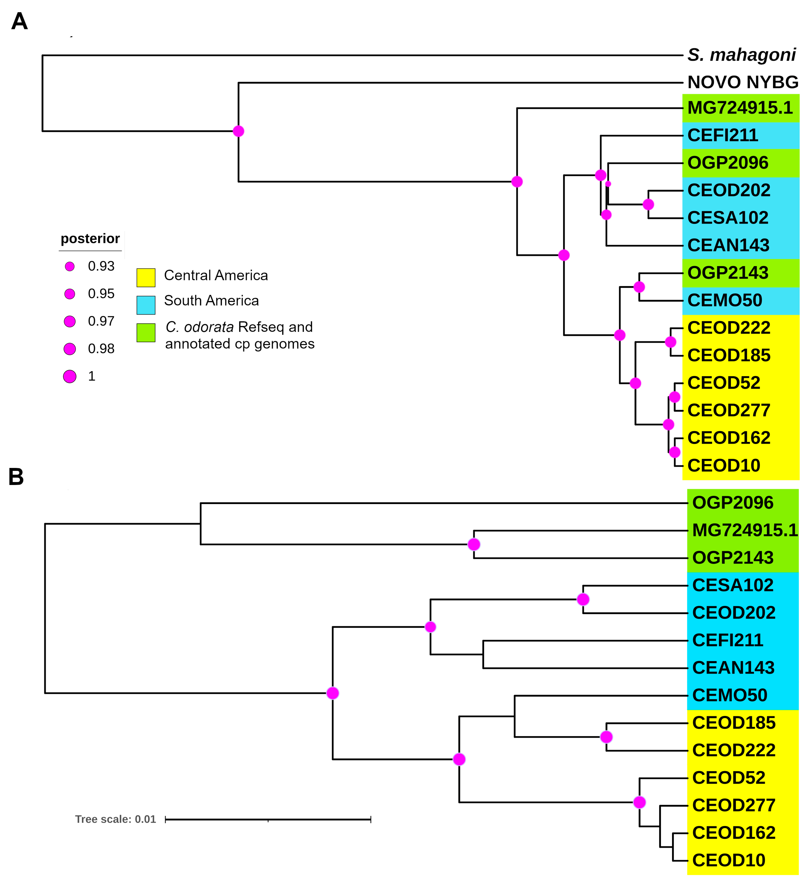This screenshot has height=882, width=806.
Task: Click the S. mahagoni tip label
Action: pyautogui.click(x=741, y=55)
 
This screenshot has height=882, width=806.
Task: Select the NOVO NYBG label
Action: pyautogui.click(x=743, y=82)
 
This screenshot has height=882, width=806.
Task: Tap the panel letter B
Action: pyautogui.click(x=16, y=477)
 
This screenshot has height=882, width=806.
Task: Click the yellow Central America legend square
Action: pyautogui.click(x=146, y=277)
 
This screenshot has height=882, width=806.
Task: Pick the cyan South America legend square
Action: pyautogui.click(x=146, y=305)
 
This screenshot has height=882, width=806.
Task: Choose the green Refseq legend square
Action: pyautogui.click(x=146, y=333)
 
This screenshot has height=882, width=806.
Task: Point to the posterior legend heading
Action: pyautogui.click(x=90, y=238)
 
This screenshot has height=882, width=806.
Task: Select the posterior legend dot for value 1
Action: pyautogui.click(x=70, y=376)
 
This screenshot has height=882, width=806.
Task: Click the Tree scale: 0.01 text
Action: pyautogui.click(x=116, y=819)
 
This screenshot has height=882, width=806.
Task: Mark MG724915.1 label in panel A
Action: pyautogui.click(x=740, y=108)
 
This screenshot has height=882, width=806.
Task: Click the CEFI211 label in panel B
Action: pyautogui.click(x=728, y=640)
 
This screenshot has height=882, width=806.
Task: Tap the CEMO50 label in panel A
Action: pyautogui.click(x=725, y=300)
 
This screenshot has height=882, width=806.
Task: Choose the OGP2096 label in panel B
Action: pyautogui.click(x=733, y=503)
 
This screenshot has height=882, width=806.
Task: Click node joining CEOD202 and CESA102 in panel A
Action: pyautogui.click(x=648, y=204)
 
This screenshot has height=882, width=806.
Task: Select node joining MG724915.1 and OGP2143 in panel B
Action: pyautogui.click(x=474, y=544)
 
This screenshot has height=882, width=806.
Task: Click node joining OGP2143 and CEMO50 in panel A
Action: pyautogui.click(x=639, y=287)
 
